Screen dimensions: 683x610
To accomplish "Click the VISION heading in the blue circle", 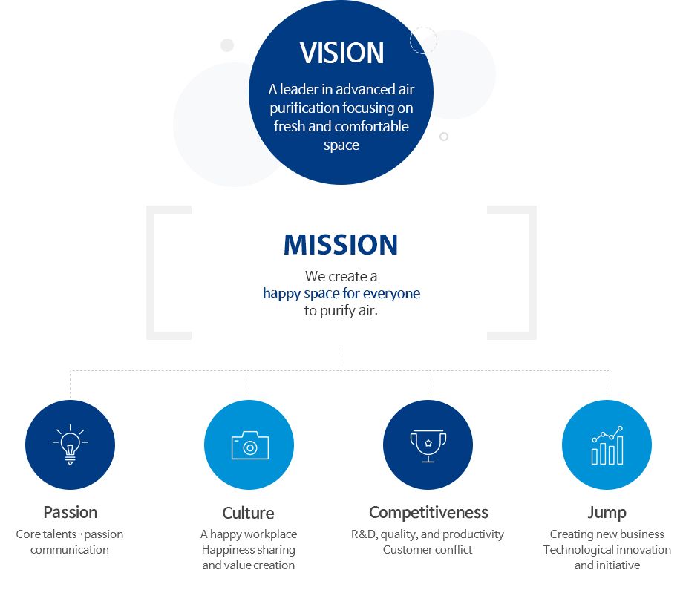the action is pyautogui.click(x=341, y=53).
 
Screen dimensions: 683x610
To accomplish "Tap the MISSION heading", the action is pyautogui.click(x=341, y=245).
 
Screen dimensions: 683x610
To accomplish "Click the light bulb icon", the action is pyautogui.click(x=70, y=445).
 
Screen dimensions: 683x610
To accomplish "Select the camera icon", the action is pyautogui.click(x=249, y=445).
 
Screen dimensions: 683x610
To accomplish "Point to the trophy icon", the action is pyautogui.click(x=428, y=446).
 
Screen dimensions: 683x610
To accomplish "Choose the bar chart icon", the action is pyautogui.click(x=607, y=445).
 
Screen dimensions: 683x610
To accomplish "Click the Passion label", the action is pyautogui.click(x=70, y=513).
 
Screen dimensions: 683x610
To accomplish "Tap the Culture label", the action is pyautogui.click(x=248, y=513).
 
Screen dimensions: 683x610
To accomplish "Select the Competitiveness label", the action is pyautogui.click(x=428, y=513).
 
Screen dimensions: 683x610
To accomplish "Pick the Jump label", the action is pyautogui.click(x=607, y=513).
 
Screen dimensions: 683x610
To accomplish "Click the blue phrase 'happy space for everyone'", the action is pyautogui.click(x=341, y=294).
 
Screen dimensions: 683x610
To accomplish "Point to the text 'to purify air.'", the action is pyautogui.click(x=341, y=311).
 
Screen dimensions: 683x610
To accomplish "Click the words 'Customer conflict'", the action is pyautogui.click(x=428, y=549).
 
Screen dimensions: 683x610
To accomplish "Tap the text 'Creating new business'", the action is pyautogui.click(x=607, y=534).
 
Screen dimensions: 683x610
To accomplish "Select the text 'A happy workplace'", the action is pyautogui.click(x=249, y=534).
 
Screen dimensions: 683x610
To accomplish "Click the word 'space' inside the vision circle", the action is pyautogui.click(x=341, y=145).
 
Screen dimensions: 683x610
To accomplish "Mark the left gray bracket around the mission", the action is pyautogui.click(x=150, y=272).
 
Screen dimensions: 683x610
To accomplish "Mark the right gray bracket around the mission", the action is pyautogui.click(x=533, y=272).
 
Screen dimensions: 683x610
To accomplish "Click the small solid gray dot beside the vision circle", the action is pyautogui.click(x=227, y=45).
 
